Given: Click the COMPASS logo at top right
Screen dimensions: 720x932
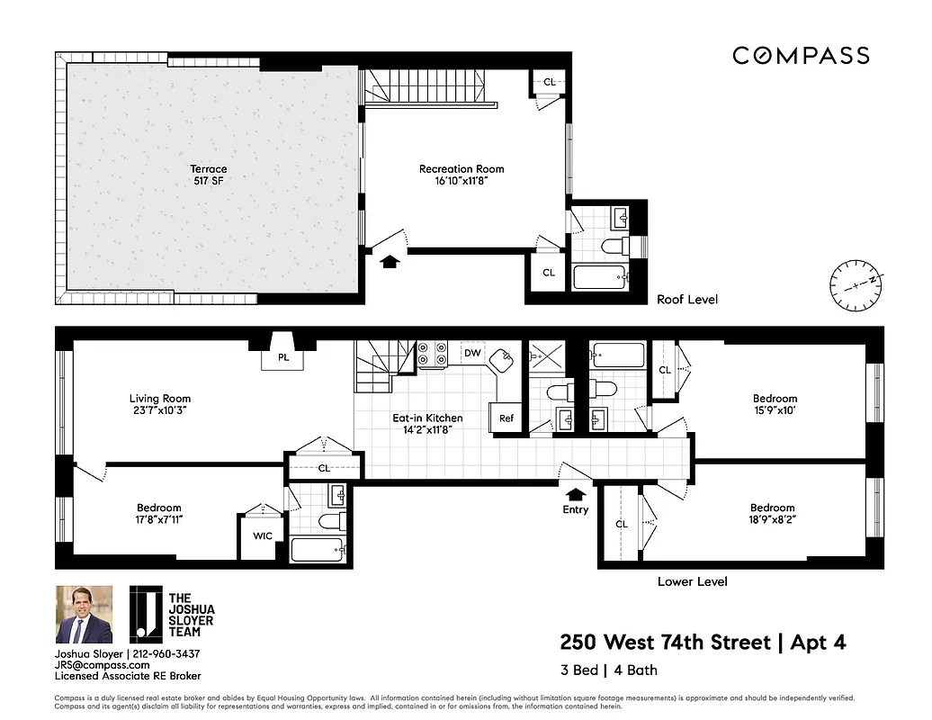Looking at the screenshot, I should pos(800,56).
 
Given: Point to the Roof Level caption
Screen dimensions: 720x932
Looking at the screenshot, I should pos(687,300).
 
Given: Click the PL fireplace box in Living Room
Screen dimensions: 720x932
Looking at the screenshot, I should pos(282,358).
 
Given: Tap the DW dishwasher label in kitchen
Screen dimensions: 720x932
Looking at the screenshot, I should pos(472,354).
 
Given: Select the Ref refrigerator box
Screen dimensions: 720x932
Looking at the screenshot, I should pos(506,418).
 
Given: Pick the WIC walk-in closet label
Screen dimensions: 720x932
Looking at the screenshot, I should pos(263,536).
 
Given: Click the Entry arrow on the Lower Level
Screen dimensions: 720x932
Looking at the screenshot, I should pos(574,493).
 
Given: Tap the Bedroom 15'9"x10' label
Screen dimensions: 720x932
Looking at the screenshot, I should pos(775,405).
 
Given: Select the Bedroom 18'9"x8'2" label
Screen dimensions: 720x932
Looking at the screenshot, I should pos(772,514).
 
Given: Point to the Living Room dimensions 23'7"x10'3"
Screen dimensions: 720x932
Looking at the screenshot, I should pos(159,410).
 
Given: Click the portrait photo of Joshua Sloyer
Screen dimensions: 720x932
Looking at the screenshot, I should pos(85,615).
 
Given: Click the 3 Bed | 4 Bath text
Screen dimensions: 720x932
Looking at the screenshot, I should pos(608,670).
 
